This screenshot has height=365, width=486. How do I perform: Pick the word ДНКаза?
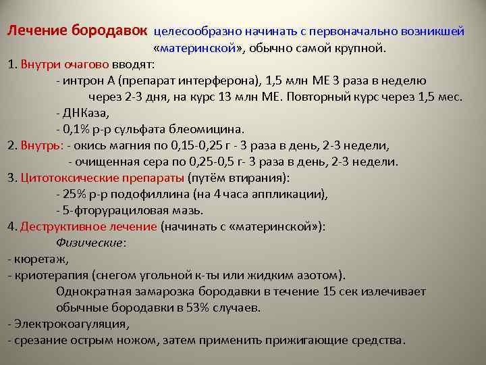84,113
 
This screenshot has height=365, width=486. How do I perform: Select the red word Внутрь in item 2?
42,145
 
